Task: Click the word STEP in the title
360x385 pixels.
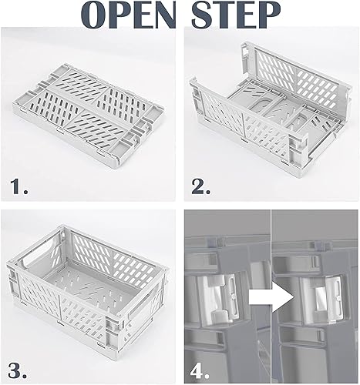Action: coord(242,17)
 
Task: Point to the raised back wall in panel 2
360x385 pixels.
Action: coord(285,77)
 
